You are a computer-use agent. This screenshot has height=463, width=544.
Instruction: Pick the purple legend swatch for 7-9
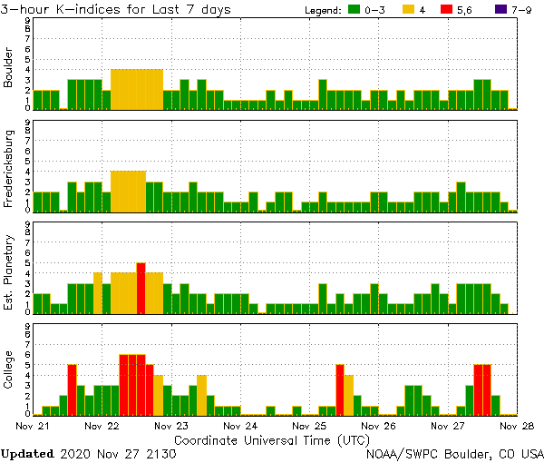pos(499,10)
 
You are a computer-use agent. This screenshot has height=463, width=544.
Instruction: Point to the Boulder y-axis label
pos(9,67)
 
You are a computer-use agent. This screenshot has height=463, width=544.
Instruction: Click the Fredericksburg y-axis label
pos(9,167)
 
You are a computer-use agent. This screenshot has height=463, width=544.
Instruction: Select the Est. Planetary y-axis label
pos(9,269)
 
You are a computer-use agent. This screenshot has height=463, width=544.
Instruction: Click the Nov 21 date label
pos(33,425)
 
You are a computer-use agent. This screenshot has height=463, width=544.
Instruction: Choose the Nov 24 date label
pos(239,425)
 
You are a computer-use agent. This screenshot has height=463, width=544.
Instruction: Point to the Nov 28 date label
pos(516,425)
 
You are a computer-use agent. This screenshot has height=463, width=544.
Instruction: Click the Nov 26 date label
pos(378,425)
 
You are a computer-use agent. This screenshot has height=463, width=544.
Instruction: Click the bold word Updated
pos(27,453)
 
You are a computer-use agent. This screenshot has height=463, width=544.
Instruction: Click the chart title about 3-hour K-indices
pos(116,10)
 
